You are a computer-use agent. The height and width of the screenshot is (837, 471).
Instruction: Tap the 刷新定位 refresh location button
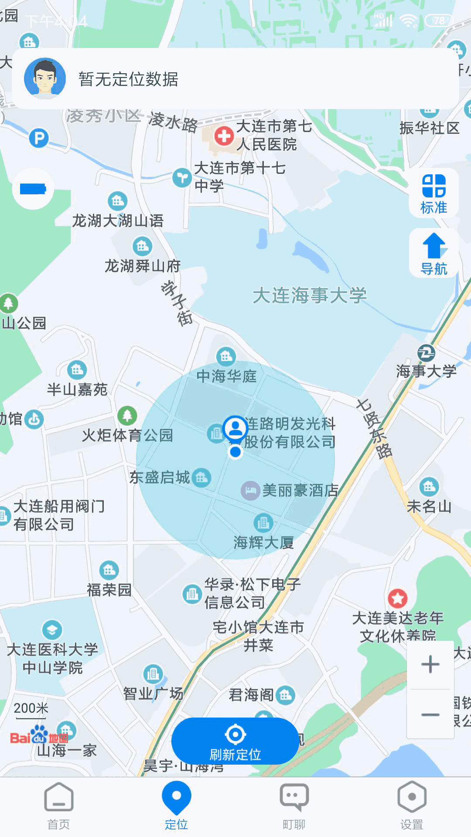coord(235,742)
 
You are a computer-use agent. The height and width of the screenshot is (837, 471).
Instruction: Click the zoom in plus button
coord(430,664)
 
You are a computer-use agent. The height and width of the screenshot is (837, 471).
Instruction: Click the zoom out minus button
coord(430,715)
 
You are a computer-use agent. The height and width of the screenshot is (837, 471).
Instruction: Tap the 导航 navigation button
coord(434,253)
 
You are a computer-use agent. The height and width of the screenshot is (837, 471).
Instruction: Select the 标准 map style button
coord(434,193)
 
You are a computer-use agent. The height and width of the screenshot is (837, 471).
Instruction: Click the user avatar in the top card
coord(45,78)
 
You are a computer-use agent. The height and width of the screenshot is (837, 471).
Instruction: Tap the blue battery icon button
coord(33,189)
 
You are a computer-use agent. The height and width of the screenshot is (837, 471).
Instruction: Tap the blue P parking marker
coord(39,139)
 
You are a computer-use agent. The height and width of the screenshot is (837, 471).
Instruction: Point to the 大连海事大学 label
coord(310,296)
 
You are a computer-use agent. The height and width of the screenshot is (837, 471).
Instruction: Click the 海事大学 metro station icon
coord(426,353)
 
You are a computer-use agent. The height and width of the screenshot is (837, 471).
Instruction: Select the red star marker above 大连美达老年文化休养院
coord(398,599)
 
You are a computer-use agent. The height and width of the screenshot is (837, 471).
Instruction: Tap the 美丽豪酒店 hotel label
coord(300,490)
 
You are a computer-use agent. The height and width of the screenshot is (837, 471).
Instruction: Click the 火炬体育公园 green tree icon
coord(127,415)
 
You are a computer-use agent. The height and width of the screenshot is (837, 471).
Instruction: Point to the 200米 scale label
coord(31,708)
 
